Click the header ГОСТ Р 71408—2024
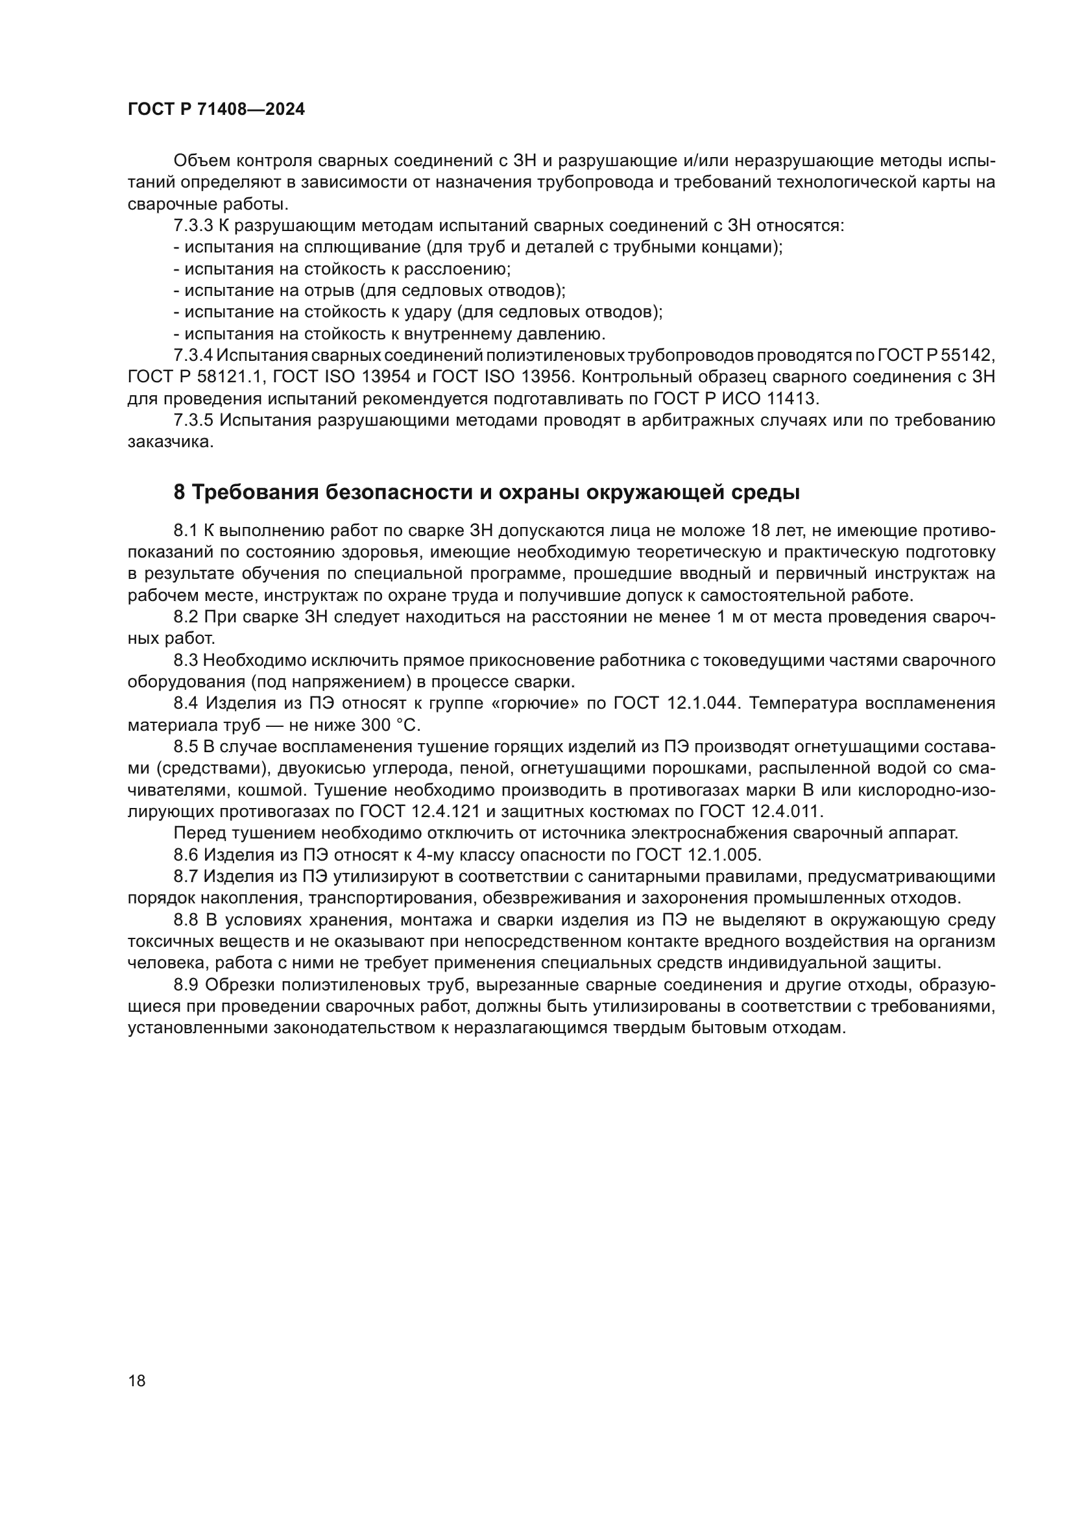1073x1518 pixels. click(216, 110)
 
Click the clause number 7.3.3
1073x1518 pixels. click(193, 226)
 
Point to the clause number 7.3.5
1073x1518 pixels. click(193, 421)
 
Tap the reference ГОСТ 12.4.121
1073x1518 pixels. click(416, 812)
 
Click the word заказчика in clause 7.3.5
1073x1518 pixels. click(170, 443)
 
